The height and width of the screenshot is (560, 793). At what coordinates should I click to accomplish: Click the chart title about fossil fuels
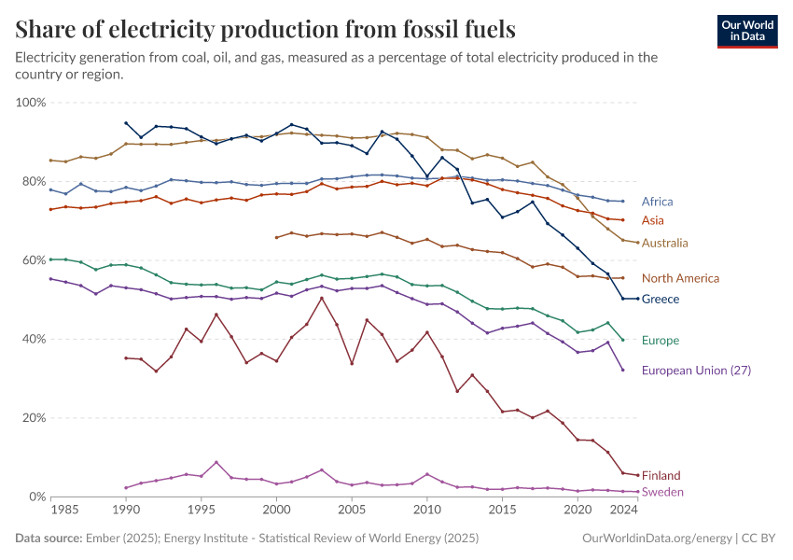(x=265, y=29)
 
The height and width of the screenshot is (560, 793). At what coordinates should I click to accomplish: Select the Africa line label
(x=657, y=202)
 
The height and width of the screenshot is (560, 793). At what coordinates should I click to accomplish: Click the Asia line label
(x=652, y=220)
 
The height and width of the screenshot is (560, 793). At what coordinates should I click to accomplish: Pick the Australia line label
(x=665, y=243)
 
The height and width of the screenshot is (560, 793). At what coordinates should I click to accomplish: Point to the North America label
(x=680, y=278)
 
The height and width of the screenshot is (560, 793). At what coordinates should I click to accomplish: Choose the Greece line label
(x=661, y=299)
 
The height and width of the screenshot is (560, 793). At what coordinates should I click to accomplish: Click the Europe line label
(x=661, y=341)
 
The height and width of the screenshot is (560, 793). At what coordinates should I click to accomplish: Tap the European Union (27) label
(x=696, y=371)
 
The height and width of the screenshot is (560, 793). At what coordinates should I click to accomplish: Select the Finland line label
(x=661, y=475)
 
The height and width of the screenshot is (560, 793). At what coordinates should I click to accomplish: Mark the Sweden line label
(x=662, y=492)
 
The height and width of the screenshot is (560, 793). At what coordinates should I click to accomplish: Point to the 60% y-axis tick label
(x=35, y=260)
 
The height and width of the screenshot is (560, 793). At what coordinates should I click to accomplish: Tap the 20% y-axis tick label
(x=35, y=418)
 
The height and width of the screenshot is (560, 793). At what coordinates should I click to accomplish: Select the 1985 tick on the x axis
(x=65, y=511)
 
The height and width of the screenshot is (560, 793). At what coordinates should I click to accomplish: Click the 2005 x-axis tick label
(x=352, y=511)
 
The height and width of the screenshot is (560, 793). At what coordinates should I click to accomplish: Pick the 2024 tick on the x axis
(x=622, y=511)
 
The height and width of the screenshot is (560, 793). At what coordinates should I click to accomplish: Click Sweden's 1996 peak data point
(x=216, y=462)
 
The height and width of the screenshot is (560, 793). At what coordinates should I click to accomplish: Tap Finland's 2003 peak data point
(x=322, y=299)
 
